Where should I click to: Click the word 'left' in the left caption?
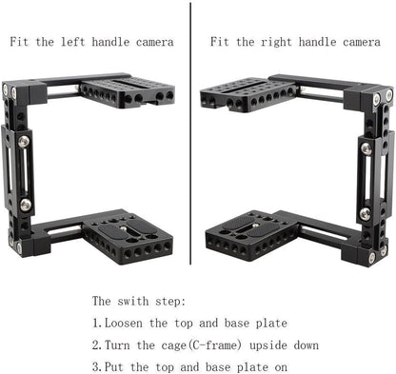pyautogui.click(x=79, y=42)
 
